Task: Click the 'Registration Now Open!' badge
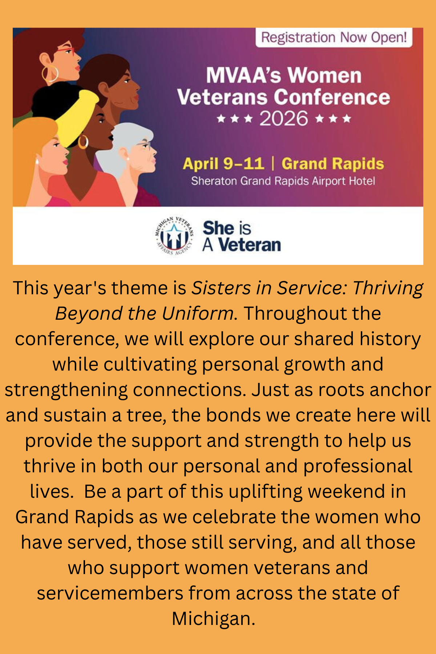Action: click(x=334, y=37)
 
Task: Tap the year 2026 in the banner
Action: click(x=284, y=119)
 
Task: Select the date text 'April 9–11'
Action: click(x=223, y=164)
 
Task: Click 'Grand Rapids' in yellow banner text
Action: click(x=333, y=164)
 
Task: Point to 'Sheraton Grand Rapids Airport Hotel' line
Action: click(x=283, y=181)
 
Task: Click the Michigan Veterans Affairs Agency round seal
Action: click(x=174, y=235)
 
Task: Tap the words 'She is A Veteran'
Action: click(x=242, y=236)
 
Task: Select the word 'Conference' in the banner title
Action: click(x=332, y=97)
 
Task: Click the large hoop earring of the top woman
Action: click(x=50, y=74)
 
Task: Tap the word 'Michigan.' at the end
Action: click(x=214, y=619)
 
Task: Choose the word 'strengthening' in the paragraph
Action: click(x=66, y=390)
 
